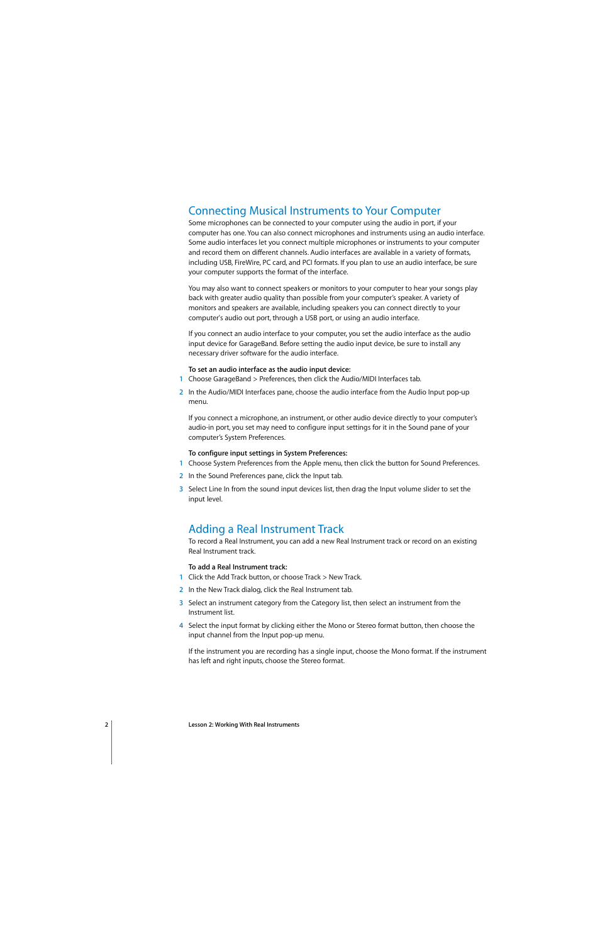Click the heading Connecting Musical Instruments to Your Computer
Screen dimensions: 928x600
314,211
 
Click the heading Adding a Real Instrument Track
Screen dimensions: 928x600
266,529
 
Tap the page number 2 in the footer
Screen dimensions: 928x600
106,725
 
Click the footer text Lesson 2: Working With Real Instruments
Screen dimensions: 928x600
243,725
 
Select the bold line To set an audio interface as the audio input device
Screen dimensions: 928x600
269,369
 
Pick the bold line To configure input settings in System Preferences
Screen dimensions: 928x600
267,453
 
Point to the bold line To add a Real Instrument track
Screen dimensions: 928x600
237,567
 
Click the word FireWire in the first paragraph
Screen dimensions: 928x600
247,262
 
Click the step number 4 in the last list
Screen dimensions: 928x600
181,625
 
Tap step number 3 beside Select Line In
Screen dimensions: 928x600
181,489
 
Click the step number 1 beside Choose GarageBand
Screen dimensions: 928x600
181,379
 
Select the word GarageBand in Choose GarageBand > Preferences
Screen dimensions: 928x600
232,379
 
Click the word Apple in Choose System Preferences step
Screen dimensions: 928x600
312,463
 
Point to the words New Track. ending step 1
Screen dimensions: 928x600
345,577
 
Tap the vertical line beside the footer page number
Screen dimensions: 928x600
112,742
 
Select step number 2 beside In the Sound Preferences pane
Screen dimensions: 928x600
181,476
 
